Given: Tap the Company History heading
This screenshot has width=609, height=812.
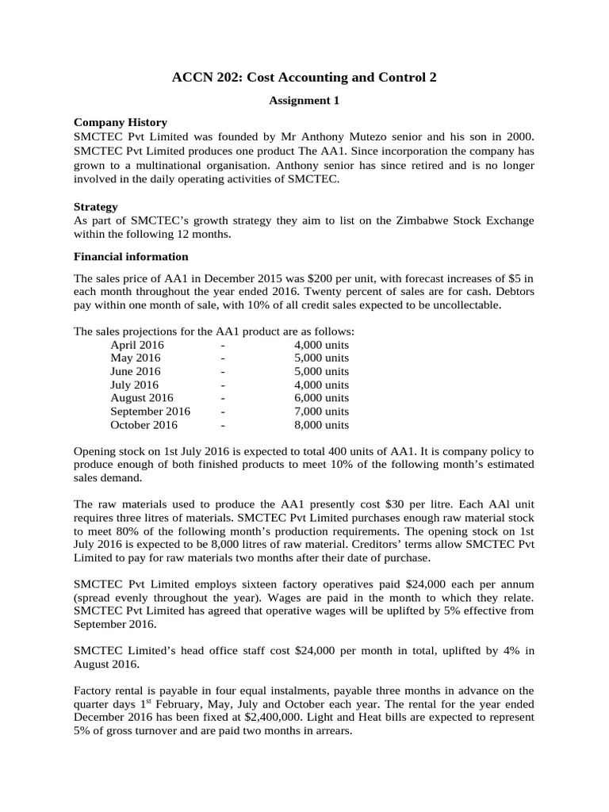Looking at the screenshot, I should (120, 122).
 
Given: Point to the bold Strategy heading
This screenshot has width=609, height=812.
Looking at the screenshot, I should (95, 206).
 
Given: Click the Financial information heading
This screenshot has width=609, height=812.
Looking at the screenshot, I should (131, 256).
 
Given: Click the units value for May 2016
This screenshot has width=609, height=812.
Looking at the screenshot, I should (321, 358).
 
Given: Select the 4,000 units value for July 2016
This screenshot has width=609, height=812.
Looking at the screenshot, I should (321, 385).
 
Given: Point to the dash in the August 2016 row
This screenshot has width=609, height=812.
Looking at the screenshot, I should (223, 398).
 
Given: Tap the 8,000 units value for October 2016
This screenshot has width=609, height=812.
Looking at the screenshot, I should (321, 424).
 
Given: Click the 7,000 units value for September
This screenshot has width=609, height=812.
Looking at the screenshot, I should (321, 412).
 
